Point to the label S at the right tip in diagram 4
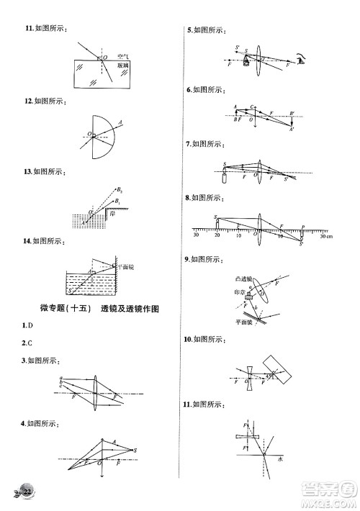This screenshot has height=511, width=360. pos(135,450)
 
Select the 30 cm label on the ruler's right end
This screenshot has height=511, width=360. pos(326,235)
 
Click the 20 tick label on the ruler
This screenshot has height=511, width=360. pos(217,235)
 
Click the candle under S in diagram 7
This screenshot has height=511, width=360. pos(223,177)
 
